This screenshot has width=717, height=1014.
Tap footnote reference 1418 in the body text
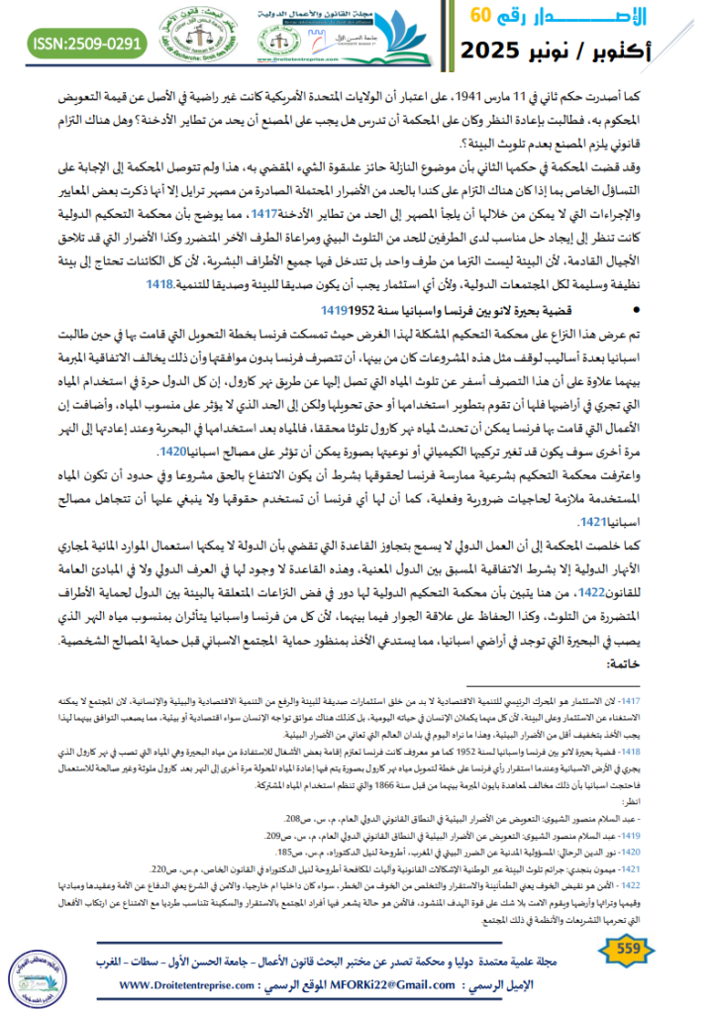coord(159,282)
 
